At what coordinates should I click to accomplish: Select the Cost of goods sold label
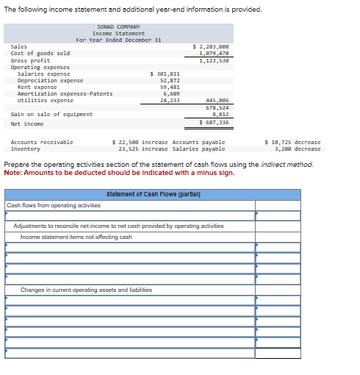coord(40,53)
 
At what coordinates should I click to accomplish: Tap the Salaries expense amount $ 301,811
coord(165,74)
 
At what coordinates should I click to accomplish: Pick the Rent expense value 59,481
coord(170,87)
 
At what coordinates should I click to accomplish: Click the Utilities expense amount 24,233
coord(170,100)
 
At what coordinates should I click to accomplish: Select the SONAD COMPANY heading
coord(118,27)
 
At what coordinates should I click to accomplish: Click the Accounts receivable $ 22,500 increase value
coord(140,141)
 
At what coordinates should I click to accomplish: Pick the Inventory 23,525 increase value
coord(143,149)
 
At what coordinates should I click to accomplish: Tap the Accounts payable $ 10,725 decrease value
coord(292,141)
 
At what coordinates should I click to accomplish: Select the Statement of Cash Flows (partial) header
coord(154,194)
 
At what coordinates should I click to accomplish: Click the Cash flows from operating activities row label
coord(54,205)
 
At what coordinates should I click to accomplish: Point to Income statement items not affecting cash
coord(76,237)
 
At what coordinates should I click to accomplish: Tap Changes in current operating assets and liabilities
coord(86,290)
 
